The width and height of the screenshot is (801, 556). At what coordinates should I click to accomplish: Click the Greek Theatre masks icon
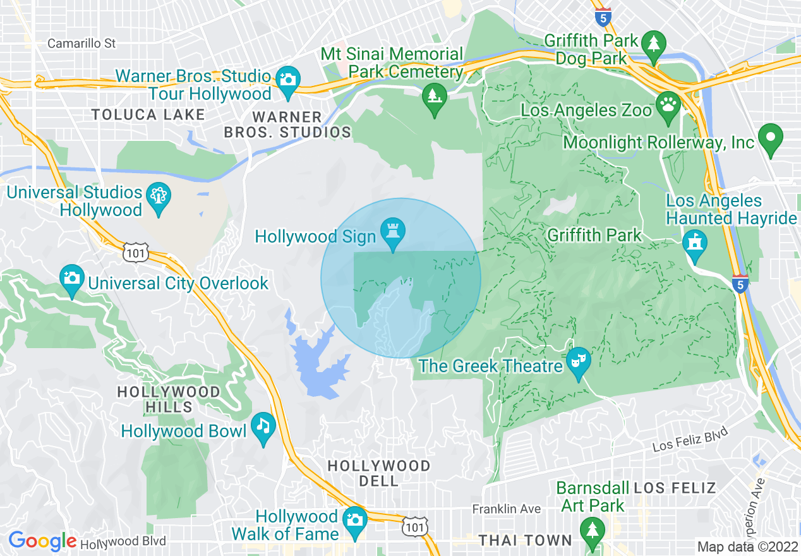click(577, 362)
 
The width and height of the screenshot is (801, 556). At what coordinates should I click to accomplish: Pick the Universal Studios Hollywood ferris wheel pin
click(158, 197)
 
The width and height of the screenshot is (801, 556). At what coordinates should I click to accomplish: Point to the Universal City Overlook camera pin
click(72, 279)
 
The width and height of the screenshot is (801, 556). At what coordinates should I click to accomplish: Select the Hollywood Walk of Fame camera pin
click(354, 521)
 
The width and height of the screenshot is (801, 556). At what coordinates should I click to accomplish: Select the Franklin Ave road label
click(507, 509)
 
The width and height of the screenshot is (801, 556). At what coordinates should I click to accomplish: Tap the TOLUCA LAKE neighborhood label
click(148, 114)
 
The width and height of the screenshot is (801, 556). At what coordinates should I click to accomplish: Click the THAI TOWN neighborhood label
click(525, 540)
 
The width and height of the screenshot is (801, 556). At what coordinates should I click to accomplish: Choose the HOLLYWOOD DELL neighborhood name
click(379, 473)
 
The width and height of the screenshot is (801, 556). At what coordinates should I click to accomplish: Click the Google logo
click(42, 541)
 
